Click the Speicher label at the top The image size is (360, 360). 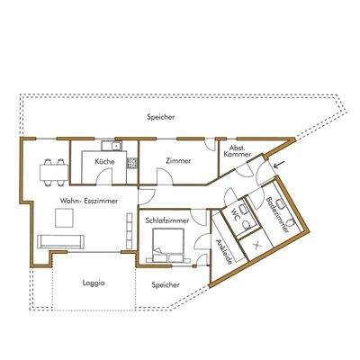tap(162, 118)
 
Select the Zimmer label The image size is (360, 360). tap(176, 159)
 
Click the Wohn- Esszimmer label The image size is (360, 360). tap(78, 201)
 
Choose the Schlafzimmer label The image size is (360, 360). tap(165, 219)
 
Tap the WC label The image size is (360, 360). tap(235, 216)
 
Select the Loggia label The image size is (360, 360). tap(93, 283)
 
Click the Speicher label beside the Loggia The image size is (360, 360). tap(165, 284)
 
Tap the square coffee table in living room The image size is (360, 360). tap(64, 218)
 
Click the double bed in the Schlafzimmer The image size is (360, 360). tap(169, 245)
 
